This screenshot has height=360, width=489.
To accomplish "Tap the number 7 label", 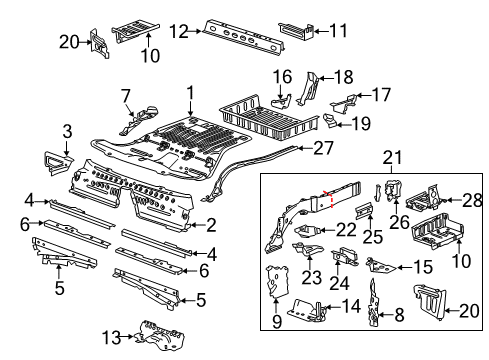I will (x=126, y=95).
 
